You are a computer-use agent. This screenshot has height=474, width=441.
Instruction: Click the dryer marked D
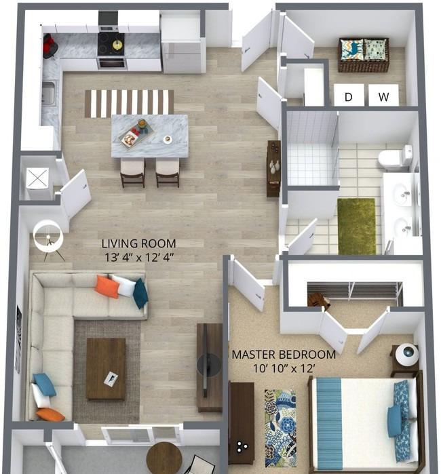(x=349, y=95)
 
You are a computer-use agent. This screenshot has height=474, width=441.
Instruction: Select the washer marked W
(x=383, y=95)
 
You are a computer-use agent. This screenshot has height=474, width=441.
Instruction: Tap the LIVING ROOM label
(x=138, y=243)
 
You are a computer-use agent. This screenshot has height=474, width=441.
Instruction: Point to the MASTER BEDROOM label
(x=284, y=355)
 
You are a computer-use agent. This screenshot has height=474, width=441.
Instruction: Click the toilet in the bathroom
(x=396, y=157)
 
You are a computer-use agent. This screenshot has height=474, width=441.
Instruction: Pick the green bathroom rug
(x=357, y=226)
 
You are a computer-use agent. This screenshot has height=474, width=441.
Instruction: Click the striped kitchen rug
(x=129, y=103)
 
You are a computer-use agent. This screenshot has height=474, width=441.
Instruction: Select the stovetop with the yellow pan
(x=111, y=45)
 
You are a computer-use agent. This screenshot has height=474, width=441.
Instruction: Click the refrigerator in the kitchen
(x=183, y=42)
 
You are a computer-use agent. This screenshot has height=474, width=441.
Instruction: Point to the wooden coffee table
(x=106, y=369)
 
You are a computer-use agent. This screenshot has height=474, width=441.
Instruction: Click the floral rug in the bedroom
(x=280, y=428)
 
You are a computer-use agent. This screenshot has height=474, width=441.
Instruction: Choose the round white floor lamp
(x=48, y=237)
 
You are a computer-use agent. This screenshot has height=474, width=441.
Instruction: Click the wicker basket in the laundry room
(x=363, y=55)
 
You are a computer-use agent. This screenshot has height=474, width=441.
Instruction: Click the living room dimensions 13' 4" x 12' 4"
(x=139, y=258)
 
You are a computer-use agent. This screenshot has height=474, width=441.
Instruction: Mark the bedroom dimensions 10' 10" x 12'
(x=284, y=368)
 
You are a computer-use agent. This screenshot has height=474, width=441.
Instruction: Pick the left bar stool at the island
(x=132, y=173)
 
